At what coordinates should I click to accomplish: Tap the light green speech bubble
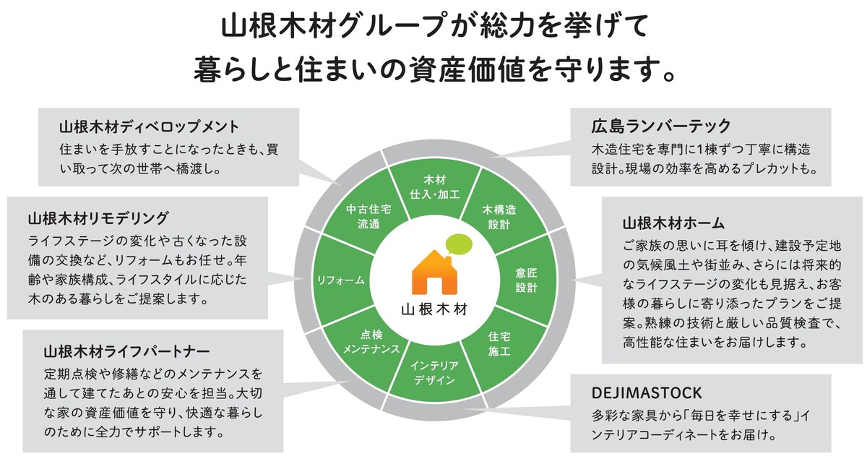click(x=459, y=245)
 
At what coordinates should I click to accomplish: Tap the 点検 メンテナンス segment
click(x=369, y=342)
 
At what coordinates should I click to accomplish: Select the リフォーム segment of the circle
click(x=340, y=279)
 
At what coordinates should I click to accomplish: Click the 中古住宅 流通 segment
click(x=368, y=216)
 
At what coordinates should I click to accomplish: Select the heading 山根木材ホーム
click(x=674, y=221)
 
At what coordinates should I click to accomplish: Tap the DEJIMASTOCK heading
click(x=646, y=392)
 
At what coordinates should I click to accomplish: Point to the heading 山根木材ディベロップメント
click(x=148, y=126)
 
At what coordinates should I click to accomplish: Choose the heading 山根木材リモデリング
click(x=100, y=217)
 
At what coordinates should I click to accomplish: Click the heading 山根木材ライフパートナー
click(x=126, y=351)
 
